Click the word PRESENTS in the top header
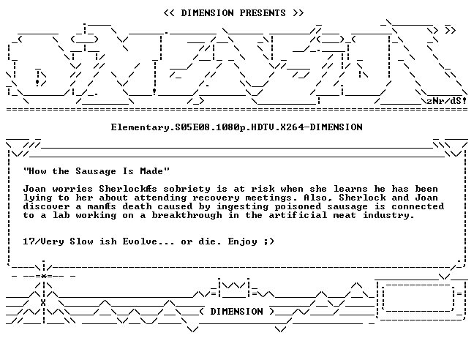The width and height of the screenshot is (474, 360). [263, 13]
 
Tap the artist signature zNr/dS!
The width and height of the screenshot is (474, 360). [446, 101]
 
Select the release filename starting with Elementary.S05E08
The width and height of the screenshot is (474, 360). [237, 127]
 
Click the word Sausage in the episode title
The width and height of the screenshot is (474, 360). [96, 171]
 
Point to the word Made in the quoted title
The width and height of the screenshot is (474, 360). [151, 171]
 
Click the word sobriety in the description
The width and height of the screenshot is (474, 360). [187, 190]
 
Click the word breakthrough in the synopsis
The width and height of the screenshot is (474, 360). [187, 215]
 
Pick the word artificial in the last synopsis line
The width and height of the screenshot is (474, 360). [298, 215]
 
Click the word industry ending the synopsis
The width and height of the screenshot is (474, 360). [388, 215]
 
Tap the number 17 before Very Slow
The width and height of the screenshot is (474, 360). [29, 241]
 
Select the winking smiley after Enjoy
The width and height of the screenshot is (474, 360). [268, 241]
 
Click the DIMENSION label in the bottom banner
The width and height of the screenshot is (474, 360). [237, 312]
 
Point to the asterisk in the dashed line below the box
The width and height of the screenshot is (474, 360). [44, 276]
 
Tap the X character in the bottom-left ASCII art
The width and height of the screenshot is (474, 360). [43, 303]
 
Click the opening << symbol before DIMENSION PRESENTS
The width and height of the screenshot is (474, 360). [169, 13]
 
